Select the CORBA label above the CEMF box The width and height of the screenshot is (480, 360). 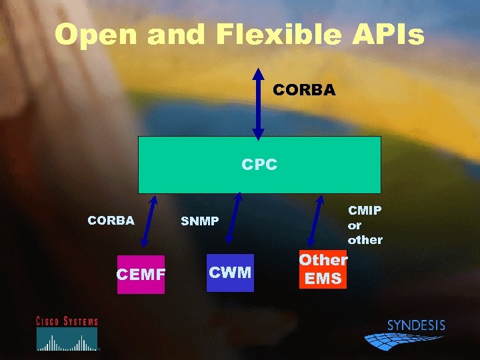pos(111,221)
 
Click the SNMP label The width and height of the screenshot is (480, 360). pos(200,221)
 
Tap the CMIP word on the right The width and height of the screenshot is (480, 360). pos(365,211)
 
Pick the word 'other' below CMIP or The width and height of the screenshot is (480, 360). pos(365,239)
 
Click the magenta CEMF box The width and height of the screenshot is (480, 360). pos(141,274)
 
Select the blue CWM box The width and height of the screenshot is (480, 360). pos(230,272)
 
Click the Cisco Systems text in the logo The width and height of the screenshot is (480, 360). pos(67,321)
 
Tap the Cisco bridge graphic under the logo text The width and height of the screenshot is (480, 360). pos(67,341)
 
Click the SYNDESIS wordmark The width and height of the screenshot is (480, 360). pos(416,326)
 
